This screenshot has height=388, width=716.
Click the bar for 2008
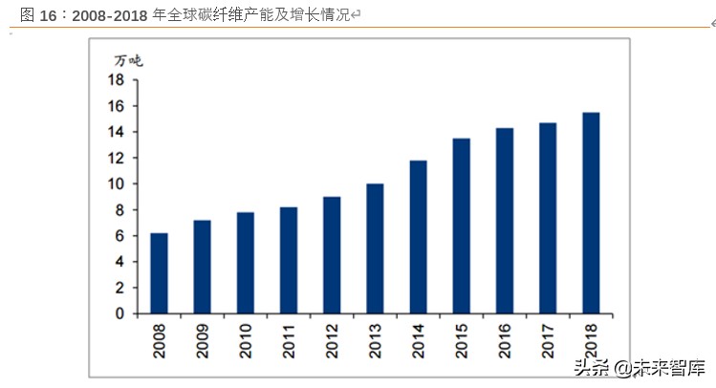click(159, 273)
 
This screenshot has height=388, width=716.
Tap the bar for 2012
click(332, 255)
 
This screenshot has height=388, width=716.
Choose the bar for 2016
click(505, 221)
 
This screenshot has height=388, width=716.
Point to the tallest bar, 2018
click(591, 213)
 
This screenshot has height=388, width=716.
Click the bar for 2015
click(462, 226)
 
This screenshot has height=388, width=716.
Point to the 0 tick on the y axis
click(121, 313)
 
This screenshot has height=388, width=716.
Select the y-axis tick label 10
click(118, 183)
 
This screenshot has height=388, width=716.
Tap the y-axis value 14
click(118, 132)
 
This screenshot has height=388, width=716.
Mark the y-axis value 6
click(121, 236)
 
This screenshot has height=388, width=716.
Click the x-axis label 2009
click(203, 340)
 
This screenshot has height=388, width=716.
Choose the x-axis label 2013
click(376, 340)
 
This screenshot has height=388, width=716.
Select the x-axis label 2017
click(548, 340)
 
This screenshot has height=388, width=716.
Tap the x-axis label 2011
click(289, 340)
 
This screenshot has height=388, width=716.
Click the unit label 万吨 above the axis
click(128, 60)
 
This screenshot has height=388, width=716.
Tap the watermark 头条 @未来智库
click(634, 367)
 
